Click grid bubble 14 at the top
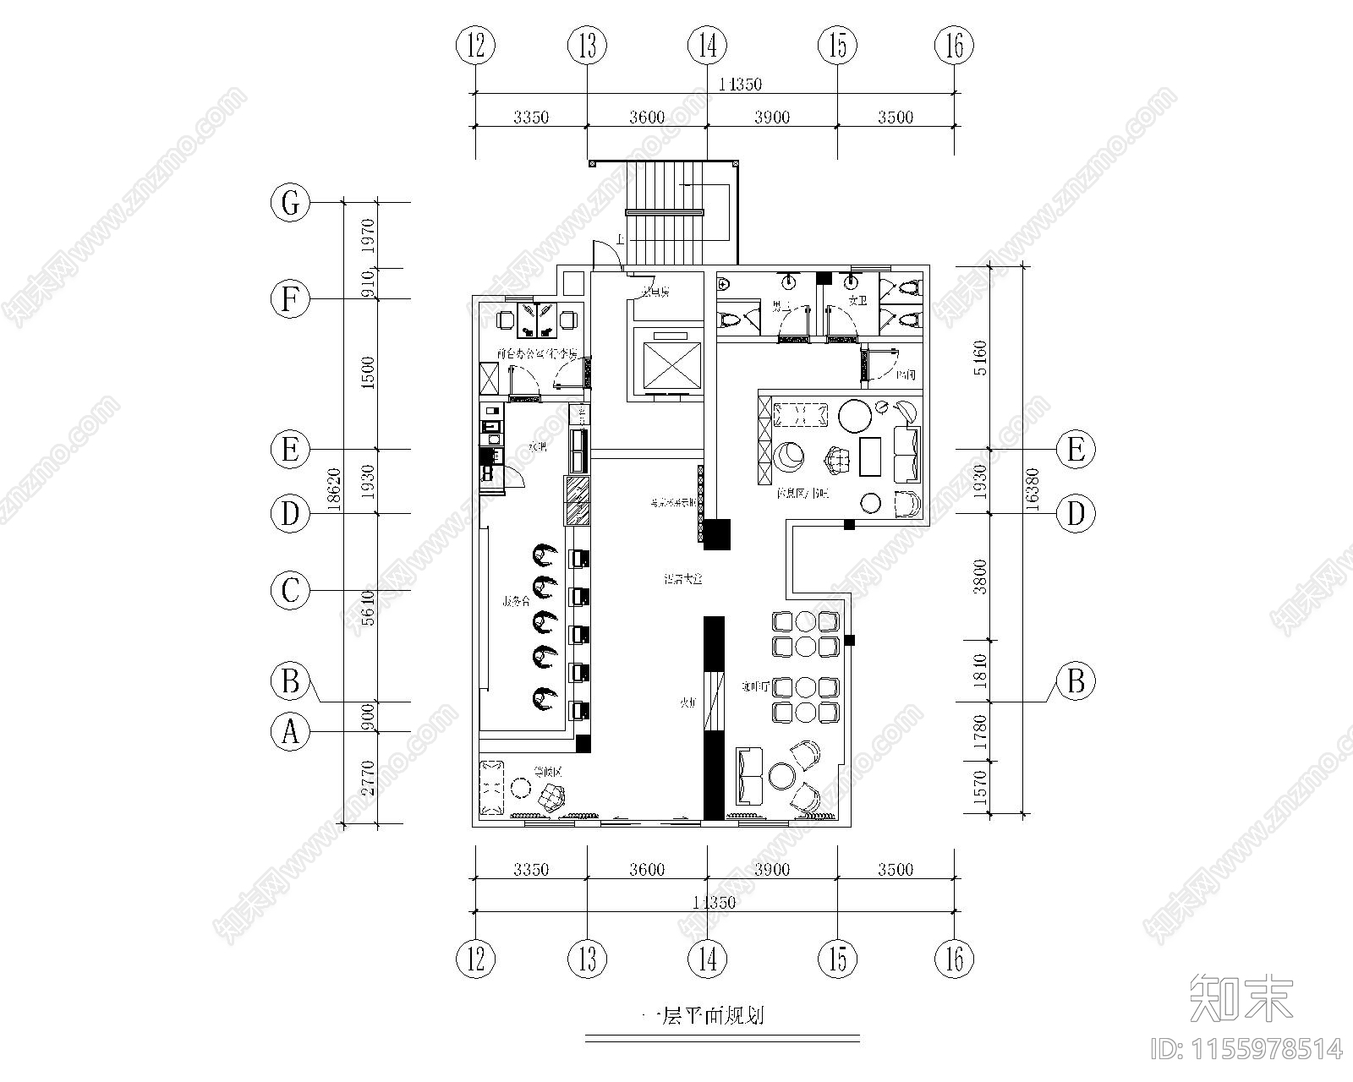pos(707,45)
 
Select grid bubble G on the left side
pos(290,204)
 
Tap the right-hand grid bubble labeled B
pos(1076,680)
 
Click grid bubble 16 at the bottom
pos(954,959)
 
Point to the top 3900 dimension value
pos(771,117)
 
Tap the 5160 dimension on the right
pos(981,357)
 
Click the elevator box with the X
pos(668,362)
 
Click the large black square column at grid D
pos(717,534)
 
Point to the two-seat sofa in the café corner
pos(750,775)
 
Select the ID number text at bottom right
pos(1246,1049)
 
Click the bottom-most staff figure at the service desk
pos(544,698)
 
